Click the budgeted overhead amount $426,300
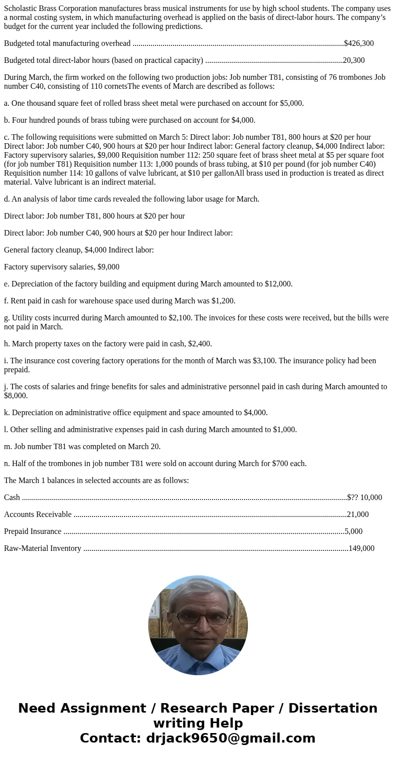click(x=359, y=43)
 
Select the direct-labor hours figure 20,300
click(x=354, y=60)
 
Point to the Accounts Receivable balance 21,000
click(x=358, y=514)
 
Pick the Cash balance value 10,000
click(x=371, y=498)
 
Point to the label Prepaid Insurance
click(x=32, y=531)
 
